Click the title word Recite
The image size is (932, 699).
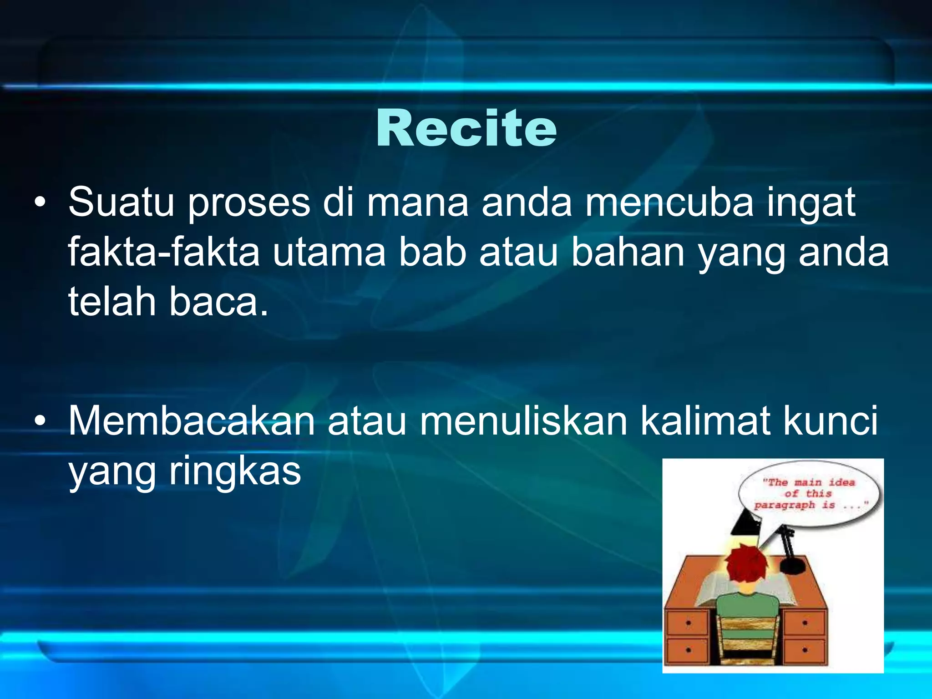466,129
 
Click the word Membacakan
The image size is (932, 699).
191,421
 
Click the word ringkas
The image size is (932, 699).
235,471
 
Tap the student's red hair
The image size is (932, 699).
746,567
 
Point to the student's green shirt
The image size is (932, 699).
746,605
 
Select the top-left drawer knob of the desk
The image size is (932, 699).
688,623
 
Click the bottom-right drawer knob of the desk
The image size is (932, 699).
805,650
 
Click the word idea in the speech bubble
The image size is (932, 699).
841,482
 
